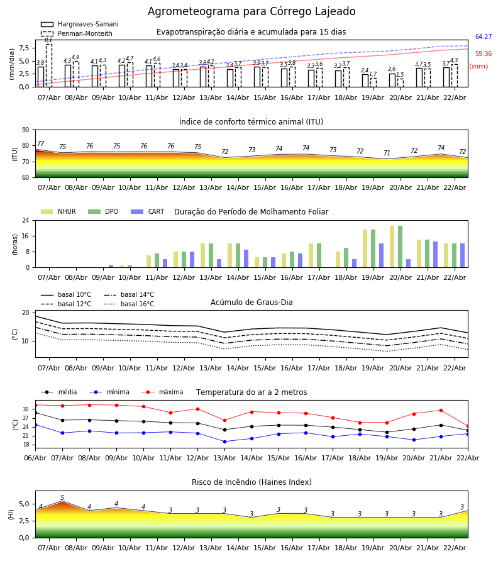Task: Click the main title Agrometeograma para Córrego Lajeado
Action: (x=251, y=12)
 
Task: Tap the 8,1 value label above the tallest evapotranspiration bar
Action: (x=48, y=40)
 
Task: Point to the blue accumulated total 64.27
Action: (x=483, y=37)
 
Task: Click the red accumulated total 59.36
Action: (x=483, y=54)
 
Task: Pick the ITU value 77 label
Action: (x=41, y=144)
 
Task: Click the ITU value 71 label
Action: (x=387, y=153)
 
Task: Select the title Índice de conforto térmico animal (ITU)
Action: (x=251, y=122)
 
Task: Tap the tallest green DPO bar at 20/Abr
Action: (x=400, y=247)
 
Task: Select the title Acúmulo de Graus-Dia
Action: (x=251, y=302)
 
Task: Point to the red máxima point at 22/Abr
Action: (x=467, y=426)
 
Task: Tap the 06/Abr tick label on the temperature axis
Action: (x=35, y=457)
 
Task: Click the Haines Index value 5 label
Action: (x=62, y=498)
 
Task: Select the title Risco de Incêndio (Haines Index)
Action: (x=251, y=482)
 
